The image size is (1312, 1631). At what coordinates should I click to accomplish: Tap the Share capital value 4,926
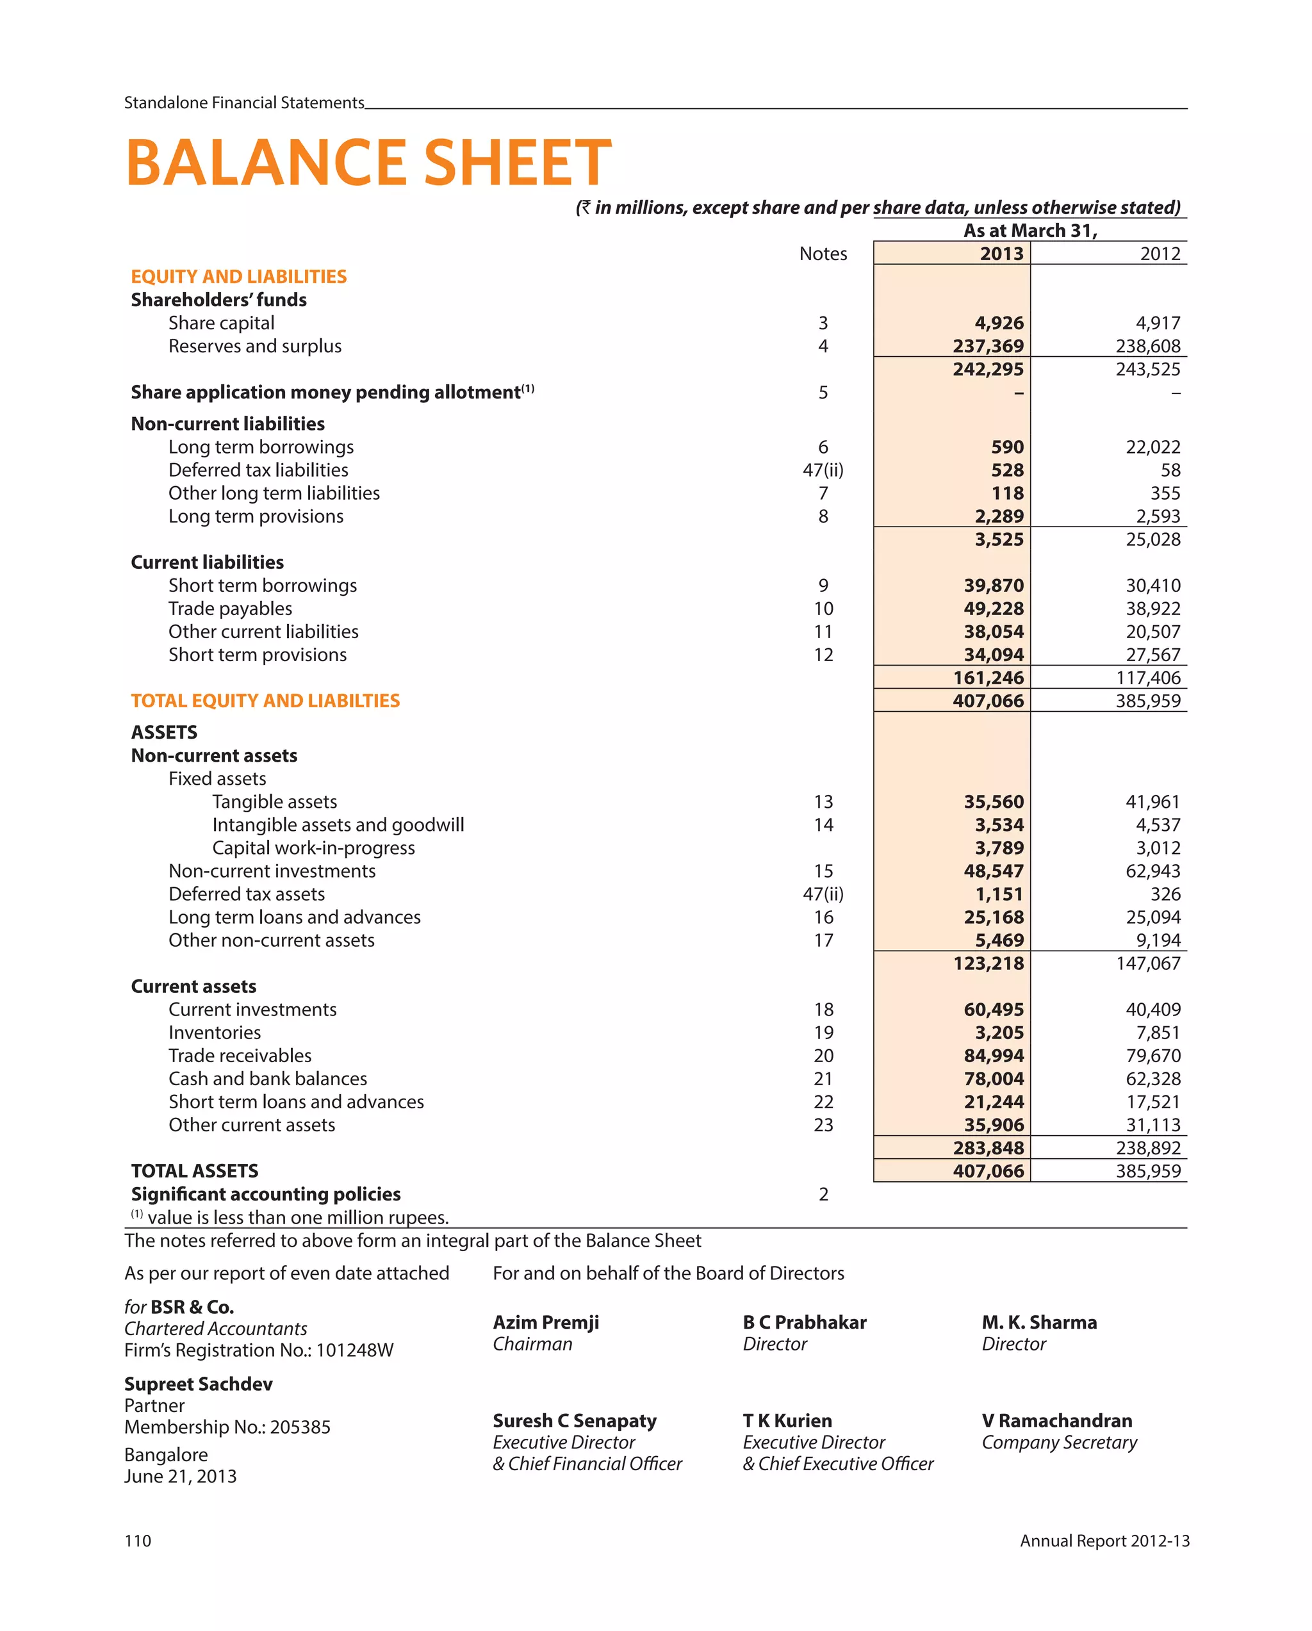pyautogui.click(x=998, y=323)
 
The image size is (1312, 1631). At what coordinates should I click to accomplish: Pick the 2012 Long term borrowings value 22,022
pyautogui.click(x=1152, y=447)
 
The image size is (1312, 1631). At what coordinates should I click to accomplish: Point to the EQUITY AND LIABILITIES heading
pyautogui.click(x=238, y=277)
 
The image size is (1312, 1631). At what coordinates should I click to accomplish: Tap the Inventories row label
pyautogui.click(x=214, y=1033)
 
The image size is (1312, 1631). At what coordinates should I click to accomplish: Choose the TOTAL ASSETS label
pyautogui.click(x=195, y=1171)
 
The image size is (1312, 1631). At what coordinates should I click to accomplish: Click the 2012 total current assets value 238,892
pyautogui.click(x=1147, y=1149)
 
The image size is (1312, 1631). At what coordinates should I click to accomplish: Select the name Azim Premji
pyautogui.click(x=546, y=1322)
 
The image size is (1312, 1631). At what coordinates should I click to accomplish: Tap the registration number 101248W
pyautogui.click(x=354, y=1350)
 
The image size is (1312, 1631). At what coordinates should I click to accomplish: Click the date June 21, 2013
pyautogui.click(x=180, y=1476)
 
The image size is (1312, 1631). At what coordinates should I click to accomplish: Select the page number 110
pyautogui.click(x=138, y=1541)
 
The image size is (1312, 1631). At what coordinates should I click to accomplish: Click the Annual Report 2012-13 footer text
pyautogui.click(x=1104, y=1541)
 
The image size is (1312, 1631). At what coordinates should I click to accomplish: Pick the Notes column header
pyautogui.click(x=823, y=254)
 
